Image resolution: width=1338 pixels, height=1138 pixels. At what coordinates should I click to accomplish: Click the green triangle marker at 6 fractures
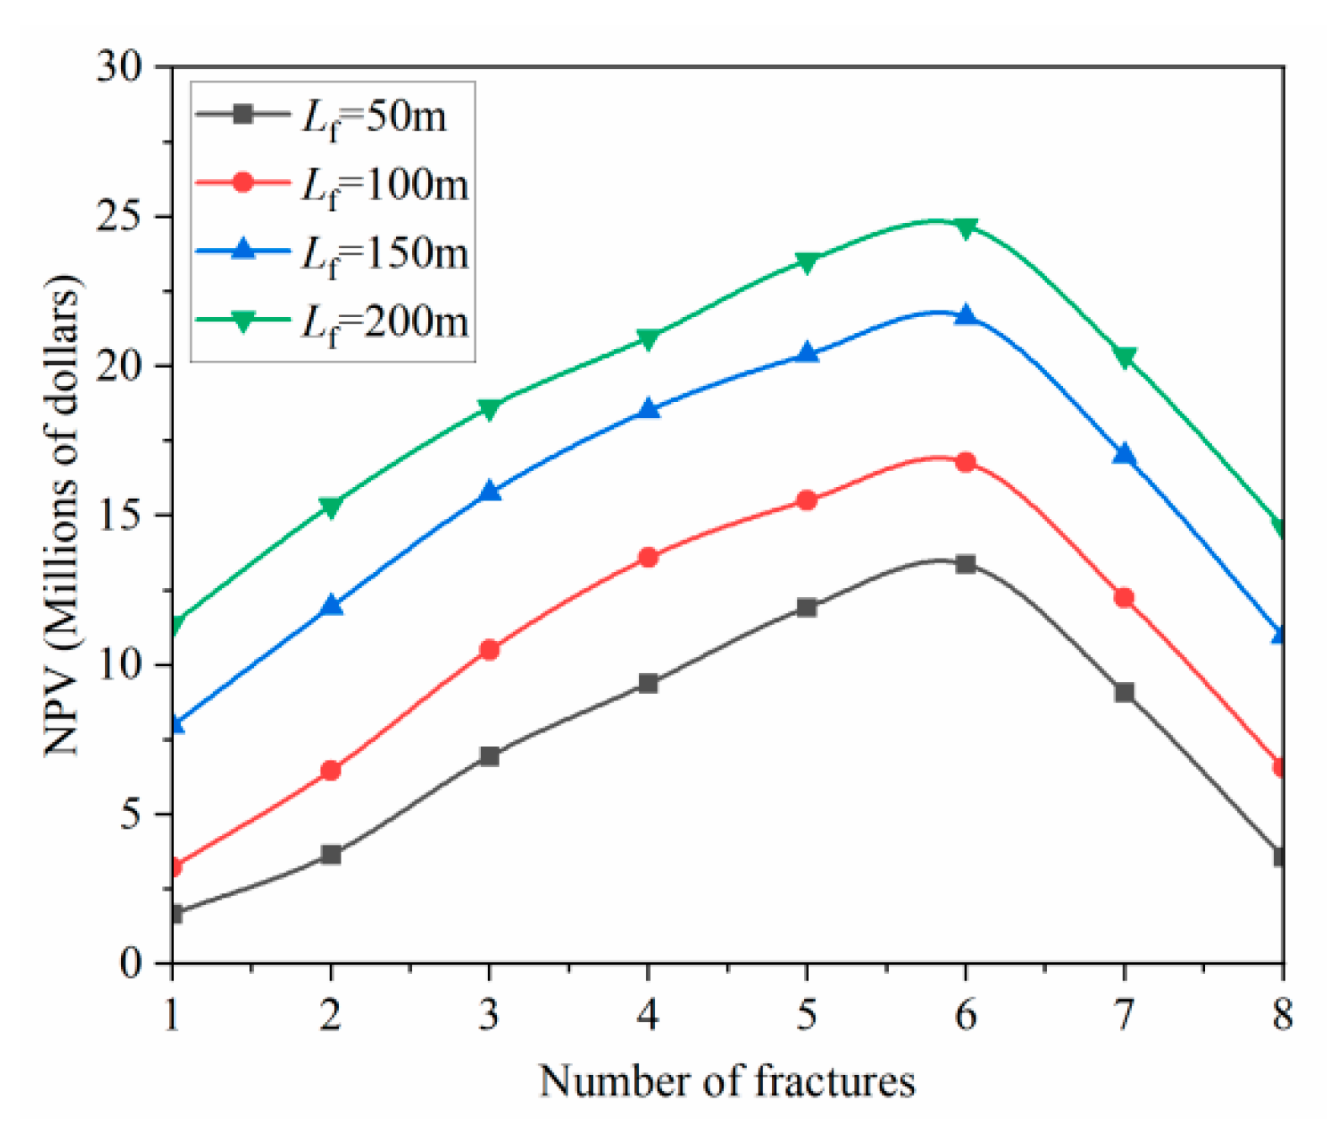click(965, 227)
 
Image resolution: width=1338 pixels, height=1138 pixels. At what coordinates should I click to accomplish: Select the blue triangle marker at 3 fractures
click(489, 491)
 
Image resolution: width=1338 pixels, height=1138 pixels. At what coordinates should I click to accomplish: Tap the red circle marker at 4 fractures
click(648, 557)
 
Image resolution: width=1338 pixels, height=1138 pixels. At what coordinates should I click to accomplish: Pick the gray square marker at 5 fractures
click(807, 606)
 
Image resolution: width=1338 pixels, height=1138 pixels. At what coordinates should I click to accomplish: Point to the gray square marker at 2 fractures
click(331, 855)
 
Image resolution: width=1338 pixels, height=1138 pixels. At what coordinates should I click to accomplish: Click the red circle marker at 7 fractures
click(1124, 597)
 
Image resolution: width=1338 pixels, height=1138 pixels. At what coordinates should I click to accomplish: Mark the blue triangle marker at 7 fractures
click(1124, 455)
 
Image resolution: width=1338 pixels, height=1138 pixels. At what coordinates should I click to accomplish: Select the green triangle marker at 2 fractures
click(331, 506)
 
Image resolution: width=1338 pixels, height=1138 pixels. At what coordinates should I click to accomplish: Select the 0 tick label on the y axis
click(130, 963)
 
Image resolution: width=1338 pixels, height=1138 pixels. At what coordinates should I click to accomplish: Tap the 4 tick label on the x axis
click(648, 1014)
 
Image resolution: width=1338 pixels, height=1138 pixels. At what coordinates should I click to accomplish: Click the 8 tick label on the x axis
click(1282, 1014)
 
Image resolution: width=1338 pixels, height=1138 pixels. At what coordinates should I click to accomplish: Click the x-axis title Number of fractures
click(727, 1081)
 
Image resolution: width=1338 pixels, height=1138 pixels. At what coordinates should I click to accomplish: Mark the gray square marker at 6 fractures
click(965, 564)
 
